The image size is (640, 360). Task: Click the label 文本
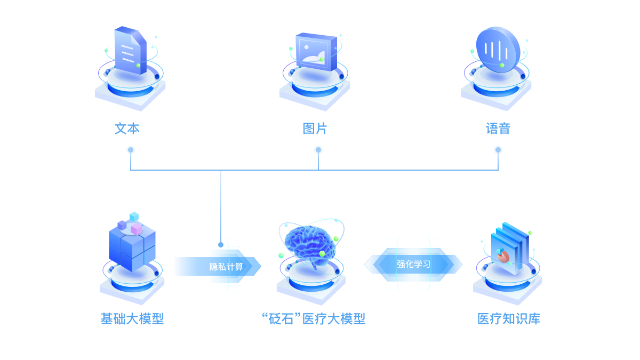pyautogui.click(x=127, y=129)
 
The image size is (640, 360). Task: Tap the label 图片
pyautogui.click(x=315, y=129)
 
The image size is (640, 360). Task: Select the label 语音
pyautogui.click(x=498, y=129)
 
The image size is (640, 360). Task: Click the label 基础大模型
pyautogui.click(x=132, y=319)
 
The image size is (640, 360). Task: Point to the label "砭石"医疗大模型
pyautogui.click(x=314, y=319)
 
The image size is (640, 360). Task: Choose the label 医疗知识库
pyautogui.click(x=509, y=319)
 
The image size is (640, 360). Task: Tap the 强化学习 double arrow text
pyautogui.click(x=413, y=264)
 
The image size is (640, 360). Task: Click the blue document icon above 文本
pyautogui.click(x=130, y=50)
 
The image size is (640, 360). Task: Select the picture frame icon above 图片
pyautogui.click(x=316, y=51)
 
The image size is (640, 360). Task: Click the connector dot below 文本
pyautogui.click(x=131, y=150)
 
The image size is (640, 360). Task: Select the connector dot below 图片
pyautogui.click(x=318, y=150)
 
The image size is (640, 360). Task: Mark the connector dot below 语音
pyautogui.click(x=498, y=150)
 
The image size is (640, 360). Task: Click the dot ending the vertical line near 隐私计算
pyautogui.click(x=221, y=245)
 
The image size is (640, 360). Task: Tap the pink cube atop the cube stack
pyautogui.click(x=137, y=229)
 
